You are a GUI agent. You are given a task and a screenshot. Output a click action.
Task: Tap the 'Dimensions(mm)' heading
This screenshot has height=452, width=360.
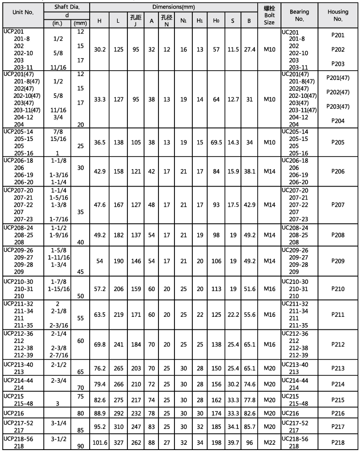(x=173, y=7)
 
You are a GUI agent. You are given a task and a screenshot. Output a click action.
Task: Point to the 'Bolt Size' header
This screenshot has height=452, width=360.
(x=269, y=16)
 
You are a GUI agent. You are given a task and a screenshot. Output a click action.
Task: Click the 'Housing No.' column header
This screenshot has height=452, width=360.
(x=338, y=16)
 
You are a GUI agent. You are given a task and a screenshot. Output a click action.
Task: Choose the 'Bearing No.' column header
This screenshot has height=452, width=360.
(x=299, y=16)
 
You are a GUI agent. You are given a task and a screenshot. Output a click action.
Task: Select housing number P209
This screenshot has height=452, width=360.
(x=338, y=261)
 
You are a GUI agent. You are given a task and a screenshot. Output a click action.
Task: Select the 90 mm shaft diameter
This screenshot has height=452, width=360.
(x=81, y=446)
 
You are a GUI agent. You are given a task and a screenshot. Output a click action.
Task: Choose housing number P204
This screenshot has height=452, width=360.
(x=338, y=121)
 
